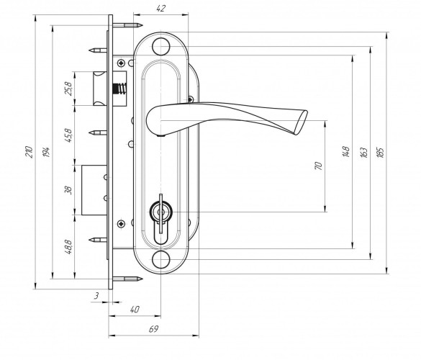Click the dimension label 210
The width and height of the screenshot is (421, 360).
[x=29, y=152]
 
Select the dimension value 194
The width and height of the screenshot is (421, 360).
[x=46, y=152]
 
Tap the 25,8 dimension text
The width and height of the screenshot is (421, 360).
[x=68, y=89]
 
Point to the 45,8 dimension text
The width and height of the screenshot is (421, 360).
[x=68, y=135]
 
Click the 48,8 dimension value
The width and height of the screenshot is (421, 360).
[x=68, y=247]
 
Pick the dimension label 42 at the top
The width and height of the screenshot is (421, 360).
[x=160, y=9]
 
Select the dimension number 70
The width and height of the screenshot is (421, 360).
[x=318, y=166]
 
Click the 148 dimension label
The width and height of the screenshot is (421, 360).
[x=346, y=151]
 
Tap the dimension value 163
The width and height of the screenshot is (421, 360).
[x=363, y=152]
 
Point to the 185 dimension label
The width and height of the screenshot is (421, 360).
[x=380, y=152]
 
